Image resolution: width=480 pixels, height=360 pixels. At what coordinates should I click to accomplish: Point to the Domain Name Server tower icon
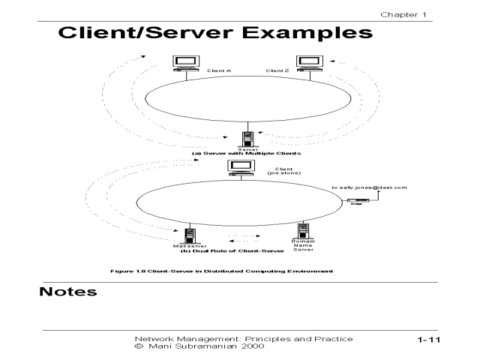click(304, 230)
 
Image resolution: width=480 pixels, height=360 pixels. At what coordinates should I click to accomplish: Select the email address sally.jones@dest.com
click(369, 187)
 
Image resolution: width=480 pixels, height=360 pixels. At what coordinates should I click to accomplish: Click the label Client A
click(218, 71)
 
